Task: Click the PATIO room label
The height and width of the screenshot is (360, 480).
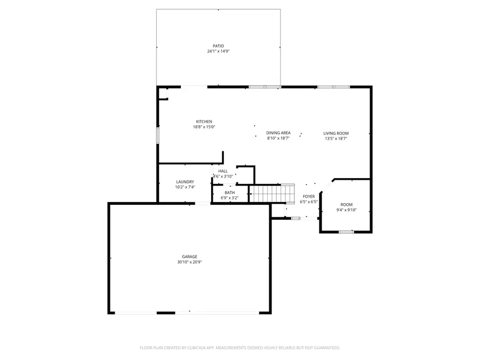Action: coord(218,46)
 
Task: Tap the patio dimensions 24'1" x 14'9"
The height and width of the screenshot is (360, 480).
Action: coord(218,51)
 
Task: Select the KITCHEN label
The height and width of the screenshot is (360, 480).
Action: coord(204,122)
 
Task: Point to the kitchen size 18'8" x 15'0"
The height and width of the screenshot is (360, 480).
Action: coord(204,127)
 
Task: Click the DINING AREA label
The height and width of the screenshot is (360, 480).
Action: coord(278,133)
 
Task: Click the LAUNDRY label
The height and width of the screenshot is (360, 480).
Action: coord(185,182)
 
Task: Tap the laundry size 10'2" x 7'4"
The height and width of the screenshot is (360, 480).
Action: coord(185,187)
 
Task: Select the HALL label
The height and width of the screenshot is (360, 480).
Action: coord(223,171)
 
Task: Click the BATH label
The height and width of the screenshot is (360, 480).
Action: coord(229,193)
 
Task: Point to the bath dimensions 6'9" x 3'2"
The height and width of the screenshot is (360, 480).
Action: coord(229,198)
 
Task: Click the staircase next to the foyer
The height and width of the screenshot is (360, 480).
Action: coord(272,194)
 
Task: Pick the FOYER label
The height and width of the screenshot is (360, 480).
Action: coord(309,196)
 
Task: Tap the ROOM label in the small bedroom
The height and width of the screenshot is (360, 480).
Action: coord(347,204)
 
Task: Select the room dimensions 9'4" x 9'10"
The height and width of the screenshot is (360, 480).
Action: coord(347,210)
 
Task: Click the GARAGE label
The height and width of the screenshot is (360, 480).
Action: coord(189,257)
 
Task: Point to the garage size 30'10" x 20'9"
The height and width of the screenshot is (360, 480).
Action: coord(189,262)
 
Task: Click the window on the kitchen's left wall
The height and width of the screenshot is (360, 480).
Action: coord(157,135)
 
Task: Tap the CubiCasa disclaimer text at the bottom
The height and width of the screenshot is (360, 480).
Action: coord(239,348)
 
